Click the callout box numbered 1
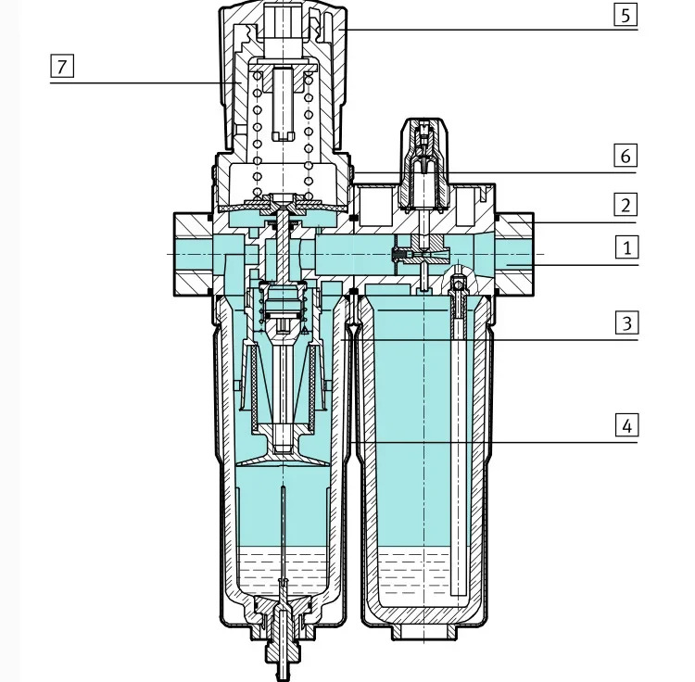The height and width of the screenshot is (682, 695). (626, 247)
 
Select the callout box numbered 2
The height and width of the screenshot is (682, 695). (625, 204)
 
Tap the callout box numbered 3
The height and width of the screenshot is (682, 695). (626, 322)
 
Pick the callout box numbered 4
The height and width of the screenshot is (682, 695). (626, 425)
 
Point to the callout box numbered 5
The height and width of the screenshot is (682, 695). (625, 15)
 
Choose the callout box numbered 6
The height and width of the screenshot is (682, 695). (625, 155)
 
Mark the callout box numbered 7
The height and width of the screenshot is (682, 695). (61, 66)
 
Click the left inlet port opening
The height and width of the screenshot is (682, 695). (194, 254)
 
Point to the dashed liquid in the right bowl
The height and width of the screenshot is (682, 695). (413, 572)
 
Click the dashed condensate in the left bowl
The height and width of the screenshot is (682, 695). (283, 572)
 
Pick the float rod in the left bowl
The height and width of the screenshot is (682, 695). (283, 532)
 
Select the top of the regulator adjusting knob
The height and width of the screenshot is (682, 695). (283, 6)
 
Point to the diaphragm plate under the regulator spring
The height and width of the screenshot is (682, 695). (283, 205)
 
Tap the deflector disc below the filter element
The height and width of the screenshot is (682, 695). (283, 457)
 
